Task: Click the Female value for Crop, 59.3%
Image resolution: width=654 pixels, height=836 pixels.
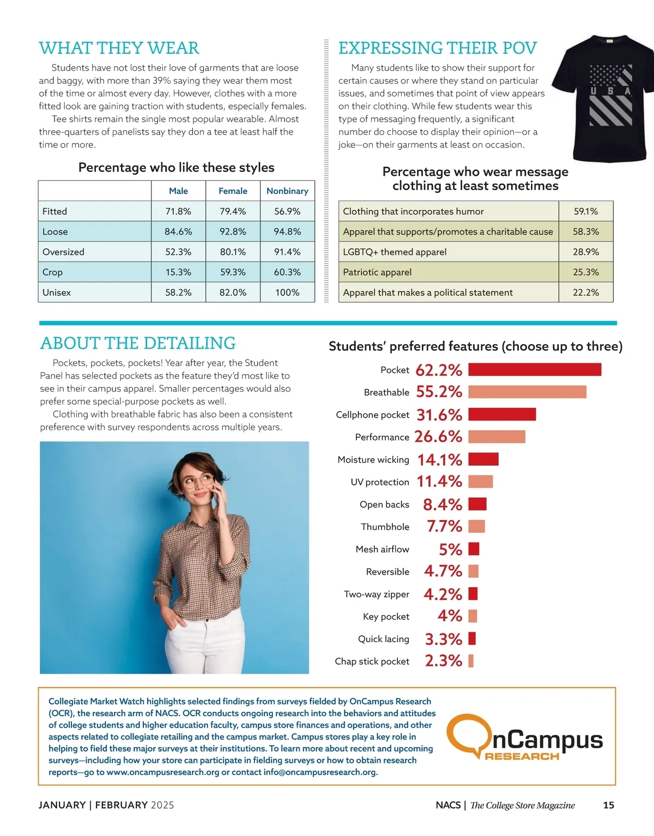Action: (x=233, y=272)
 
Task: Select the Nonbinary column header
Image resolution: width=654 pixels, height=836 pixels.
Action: (x=287, y=191)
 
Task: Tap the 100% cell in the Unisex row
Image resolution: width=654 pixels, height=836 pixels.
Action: (x=287, y=292)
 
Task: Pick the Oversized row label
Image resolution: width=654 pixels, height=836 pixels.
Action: (x=63, y=252)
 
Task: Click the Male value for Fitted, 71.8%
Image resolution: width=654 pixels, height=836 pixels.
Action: (x=178, y=211)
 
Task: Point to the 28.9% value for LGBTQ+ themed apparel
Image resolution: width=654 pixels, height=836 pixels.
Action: (x=585, y=252)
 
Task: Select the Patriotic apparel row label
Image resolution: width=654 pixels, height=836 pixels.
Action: (x=377, y=272)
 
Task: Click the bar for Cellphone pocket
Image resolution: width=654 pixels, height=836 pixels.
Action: (x=502, y=414)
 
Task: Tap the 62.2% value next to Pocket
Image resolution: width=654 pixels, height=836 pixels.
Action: (x=439, y=370)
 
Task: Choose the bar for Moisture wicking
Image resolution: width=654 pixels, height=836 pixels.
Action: (x=483, y=459)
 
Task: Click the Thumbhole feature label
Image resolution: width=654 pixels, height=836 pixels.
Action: (x=385, y=527)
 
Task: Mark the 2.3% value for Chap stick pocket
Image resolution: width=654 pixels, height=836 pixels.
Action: (x=444, y=661)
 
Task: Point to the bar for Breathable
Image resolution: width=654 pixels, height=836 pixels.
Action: (x=527, y=392)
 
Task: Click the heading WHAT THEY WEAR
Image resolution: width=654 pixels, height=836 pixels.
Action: (x=119, y=48)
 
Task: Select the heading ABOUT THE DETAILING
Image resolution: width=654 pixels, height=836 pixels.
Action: (x=138, y=343)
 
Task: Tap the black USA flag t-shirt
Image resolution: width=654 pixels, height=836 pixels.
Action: (x=602, y=98)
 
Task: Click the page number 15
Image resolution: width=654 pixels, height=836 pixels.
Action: (x=608, y=805)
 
